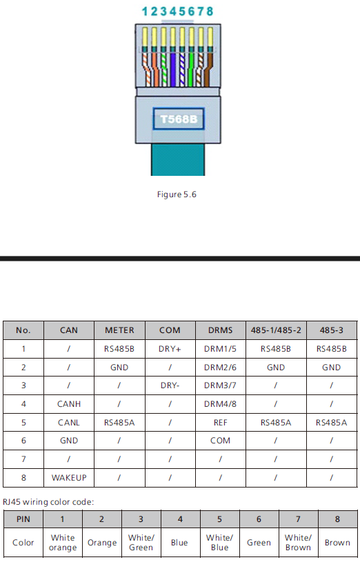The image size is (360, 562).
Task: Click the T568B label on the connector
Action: tap(179, 119)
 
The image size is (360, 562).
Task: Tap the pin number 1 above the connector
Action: tap(145, 12)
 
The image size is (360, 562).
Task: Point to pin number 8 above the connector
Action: tap(210, 12)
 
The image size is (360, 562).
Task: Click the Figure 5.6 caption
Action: tap(177, 194)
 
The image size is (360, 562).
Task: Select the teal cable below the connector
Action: tap(178, 159)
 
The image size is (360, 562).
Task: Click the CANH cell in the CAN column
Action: tap(69, 404)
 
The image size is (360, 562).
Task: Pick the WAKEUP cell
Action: tap(69, 478)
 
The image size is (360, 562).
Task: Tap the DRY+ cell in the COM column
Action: tap(170, 349)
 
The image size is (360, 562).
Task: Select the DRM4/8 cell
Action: tap(220, 404)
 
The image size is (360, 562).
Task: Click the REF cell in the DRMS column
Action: tap(220, 423)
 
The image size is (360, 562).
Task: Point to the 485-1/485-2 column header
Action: tap(276, 330)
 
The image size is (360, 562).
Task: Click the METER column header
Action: tap(119, 330)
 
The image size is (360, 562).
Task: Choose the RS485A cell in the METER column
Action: tap(119, 423)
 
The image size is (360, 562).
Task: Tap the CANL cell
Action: tap(69, 423)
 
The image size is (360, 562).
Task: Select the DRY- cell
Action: tap(170, 385)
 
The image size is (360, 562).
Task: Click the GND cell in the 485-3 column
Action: tap(331, 368)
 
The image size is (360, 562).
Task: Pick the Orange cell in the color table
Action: tap(102, 543)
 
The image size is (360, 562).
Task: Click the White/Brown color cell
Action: tap(299, 543)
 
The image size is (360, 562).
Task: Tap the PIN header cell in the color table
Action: tap(23, 519)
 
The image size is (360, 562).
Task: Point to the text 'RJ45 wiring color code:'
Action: tap(48, 502)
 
